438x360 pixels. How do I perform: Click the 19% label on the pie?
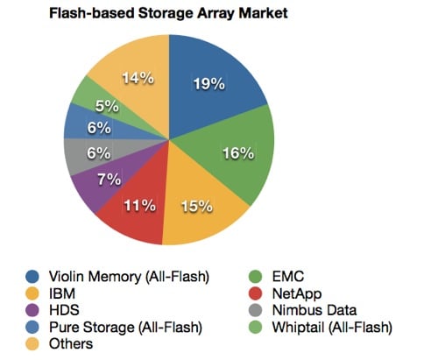pos(209,84)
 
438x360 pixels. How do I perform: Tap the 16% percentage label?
pos(238,153)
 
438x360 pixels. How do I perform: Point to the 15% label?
pos(197,207)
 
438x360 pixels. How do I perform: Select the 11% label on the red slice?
pos(140,206)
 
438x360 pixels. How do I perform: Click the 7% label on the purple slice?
pos(109,180)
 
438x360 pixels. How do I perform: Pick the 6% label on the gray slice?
pos(99,153)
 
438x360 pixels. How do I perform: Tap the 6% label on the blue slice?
pos(99,128)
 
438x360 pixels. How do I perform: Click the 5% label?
pos(107,106)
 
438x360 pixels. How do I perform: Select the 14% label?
pos(138,78)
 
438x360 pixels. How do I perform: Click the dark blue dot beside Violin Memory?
pos(32,277)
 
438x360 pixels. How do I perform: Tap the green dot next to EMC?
pos(256,277)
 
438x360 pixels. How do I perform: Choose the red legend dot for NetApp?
pos(256,293)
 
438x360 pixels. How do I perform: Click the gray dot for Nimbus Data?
pos(256,310)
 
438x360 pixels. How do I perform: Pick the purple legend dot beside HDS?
pos(32,310)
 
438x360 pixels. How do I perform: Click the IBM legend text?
pos(62,293)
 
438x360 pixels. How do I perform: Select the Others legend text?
pos(71,344)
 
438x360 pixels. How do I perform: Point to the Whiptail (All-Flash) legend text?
pos(332,328)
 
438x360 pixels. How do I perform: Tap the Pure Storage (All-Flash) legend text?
pos(126,328)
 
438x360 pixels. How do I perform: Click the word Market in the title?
pos(263,13)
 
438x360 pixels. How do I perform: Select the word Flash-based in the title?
pos(92,13)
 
